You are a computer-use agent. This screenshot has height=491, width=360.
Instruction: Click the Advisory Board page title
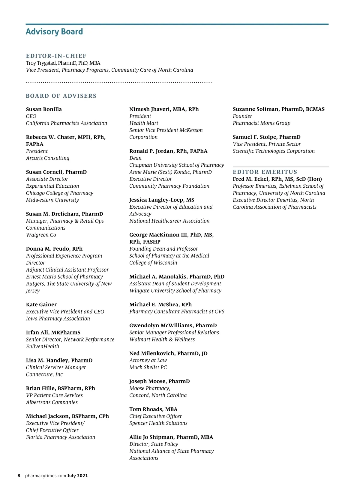pos(54,32)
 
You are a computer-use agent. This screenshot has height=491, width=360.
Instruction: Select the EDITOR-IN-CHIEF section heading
pos(56,56)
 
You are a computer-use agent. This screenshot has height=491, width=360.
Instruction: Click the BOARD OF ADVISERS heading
pos(61,96)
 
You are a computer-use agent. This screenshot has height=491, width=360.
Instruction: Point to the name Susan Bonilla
pos(44,109)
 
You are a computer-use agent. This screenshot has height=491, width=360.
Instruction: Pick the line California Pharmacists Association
pos(66,123)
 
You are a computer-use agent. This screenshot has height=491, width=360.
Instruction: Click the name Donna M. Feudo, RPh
pos(54,249)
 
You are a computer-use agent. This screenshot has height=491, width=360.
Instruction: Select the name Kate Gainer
pos(41,305)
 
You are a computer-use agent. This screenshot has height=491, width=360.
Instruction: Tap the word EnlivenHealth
pos(42,347)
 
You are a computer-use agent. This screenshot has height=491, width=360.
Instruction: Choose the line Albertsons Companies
pos(52,402)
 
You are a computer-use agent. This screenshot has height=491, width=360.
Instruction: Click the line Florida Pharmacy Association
pos(60,437)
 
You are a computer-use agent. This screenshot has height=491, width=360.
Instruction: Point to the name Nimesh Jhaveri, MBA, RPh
pos(164,109)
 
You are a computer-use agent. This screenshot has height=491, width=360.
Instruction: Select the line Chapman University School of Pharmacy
pos(176,165)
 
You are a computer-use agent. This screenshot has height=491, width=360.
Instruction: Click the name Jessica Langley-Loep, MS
pos(162,200)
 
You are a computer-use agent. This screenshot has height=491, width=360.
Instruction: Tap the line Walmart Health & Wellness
pos(162,339)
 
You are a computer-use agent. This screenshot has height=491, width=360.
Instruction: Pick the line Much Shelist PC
pos(148,367)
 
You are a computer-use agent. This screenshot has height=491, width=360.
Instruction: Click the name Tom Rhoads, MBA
pos(153,409)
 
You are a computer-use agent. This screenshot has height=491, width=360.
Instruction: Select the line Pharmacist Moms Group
pos(261,123)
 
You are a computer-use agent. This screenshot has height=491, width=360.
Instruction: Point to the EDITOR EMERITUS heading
pos(265,172)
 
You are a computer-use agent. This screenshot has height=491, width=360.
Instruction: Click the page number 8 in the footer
pos(19,476)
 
